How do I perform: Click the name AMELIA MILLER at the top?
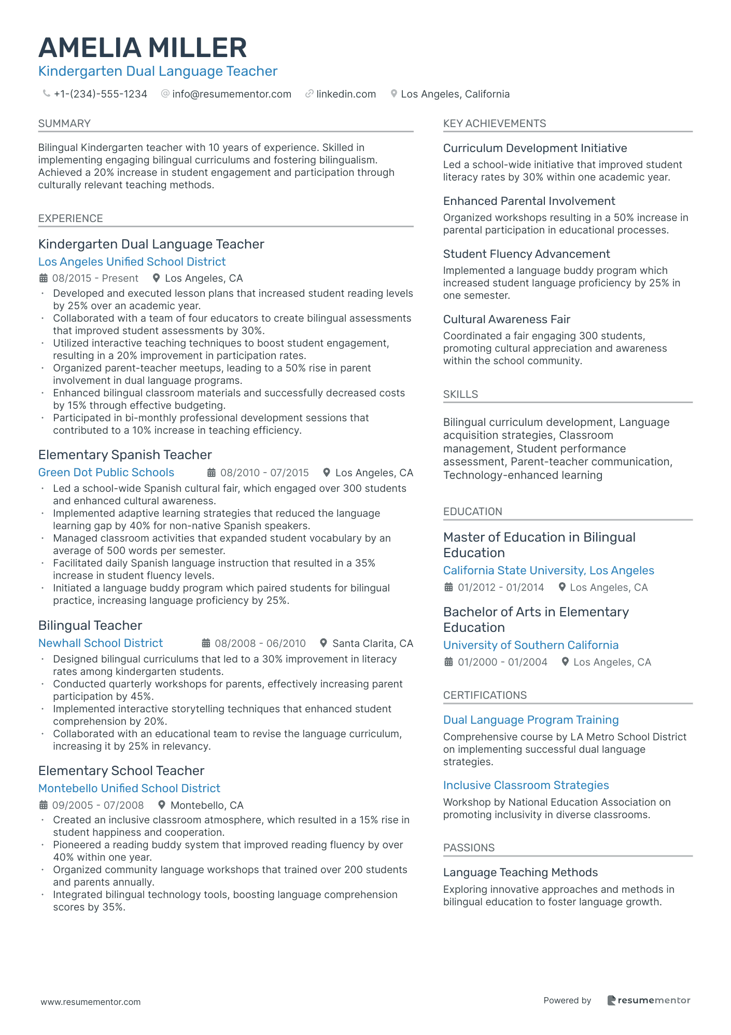(x=143, y=48)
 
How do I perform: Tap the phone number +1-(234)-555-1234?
(x=101, y=94)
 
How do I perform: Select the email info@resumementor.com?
(x=232, y=94)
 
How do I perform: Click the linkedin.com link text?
(x=346, y=94)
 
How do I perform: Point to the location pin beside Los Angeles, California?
(x=394, y=94)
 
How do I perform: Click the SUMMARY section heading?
(x=64, y=123)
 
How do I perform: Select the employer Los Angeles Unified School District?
(x=132, y=261)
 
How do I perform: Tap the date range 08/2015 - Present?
(x=95, y=278)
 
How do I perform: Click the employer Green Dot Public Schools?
(x=106, y=472)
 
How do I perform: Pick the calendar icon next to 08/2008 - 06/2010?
(x=206, y=643)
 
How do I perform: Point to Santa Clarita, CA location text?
(x=372, y=643)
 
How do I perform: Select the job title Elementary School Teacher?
(x=121, y=770)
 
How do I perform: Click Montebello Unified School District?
(x=129, y=788)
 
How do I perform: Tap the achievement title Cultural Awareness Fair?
(x=507, y=319)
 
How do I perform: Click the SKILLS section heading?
(x=460, y=394)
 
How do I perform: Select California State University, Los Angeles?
(x=549, y=570)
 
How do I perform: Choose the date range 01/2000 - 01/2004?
(x=502, y=662)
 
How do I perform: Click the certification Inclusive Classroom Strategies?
(x=526, y=785)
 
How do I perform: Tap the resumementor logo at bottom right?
(x=649, y=1000)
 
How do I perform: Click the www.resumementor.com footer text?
(x=91, y=1002)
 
